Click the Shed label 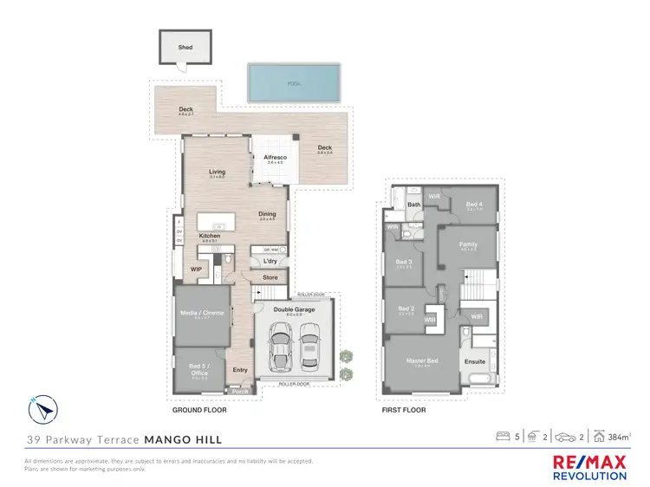click(184, 48)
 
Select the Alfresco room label click(276, 157)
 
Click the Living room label click(217, 172)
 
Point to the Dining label click(267, 214)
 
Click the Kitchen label click(209, 236)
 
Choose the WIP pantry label click(196, 269)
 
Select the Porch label click(239, 391)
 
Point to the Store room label click(270, 278)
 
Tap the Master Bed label click(423, 361)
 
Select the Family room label click(468, 244)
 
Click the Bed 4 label click(473, 204)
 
